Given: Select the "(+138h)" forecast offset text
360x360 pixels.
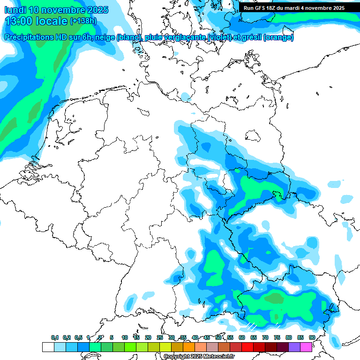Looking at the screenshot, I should point(83,21).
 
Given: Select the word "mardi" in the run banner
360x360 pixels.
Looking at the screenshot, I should point(296,8).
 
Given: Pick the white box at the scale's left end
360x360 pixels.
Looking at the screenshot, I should point(48,347).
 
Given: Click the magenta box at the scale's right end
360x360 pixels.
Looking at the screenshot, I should point(306,347).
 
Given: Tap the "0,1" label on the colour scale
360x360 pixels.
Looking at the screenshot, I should point(55,337).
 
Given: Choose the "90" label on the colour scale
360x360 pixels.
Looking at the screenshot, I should point(312,337).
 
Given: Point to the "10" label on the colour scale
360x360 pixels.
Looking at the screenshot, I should point(125,337).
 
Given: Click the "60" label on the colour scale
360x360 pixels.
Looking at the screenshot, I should point(242,337).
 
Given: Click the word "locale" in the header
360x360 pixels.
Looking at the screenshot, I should point(50,21).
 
